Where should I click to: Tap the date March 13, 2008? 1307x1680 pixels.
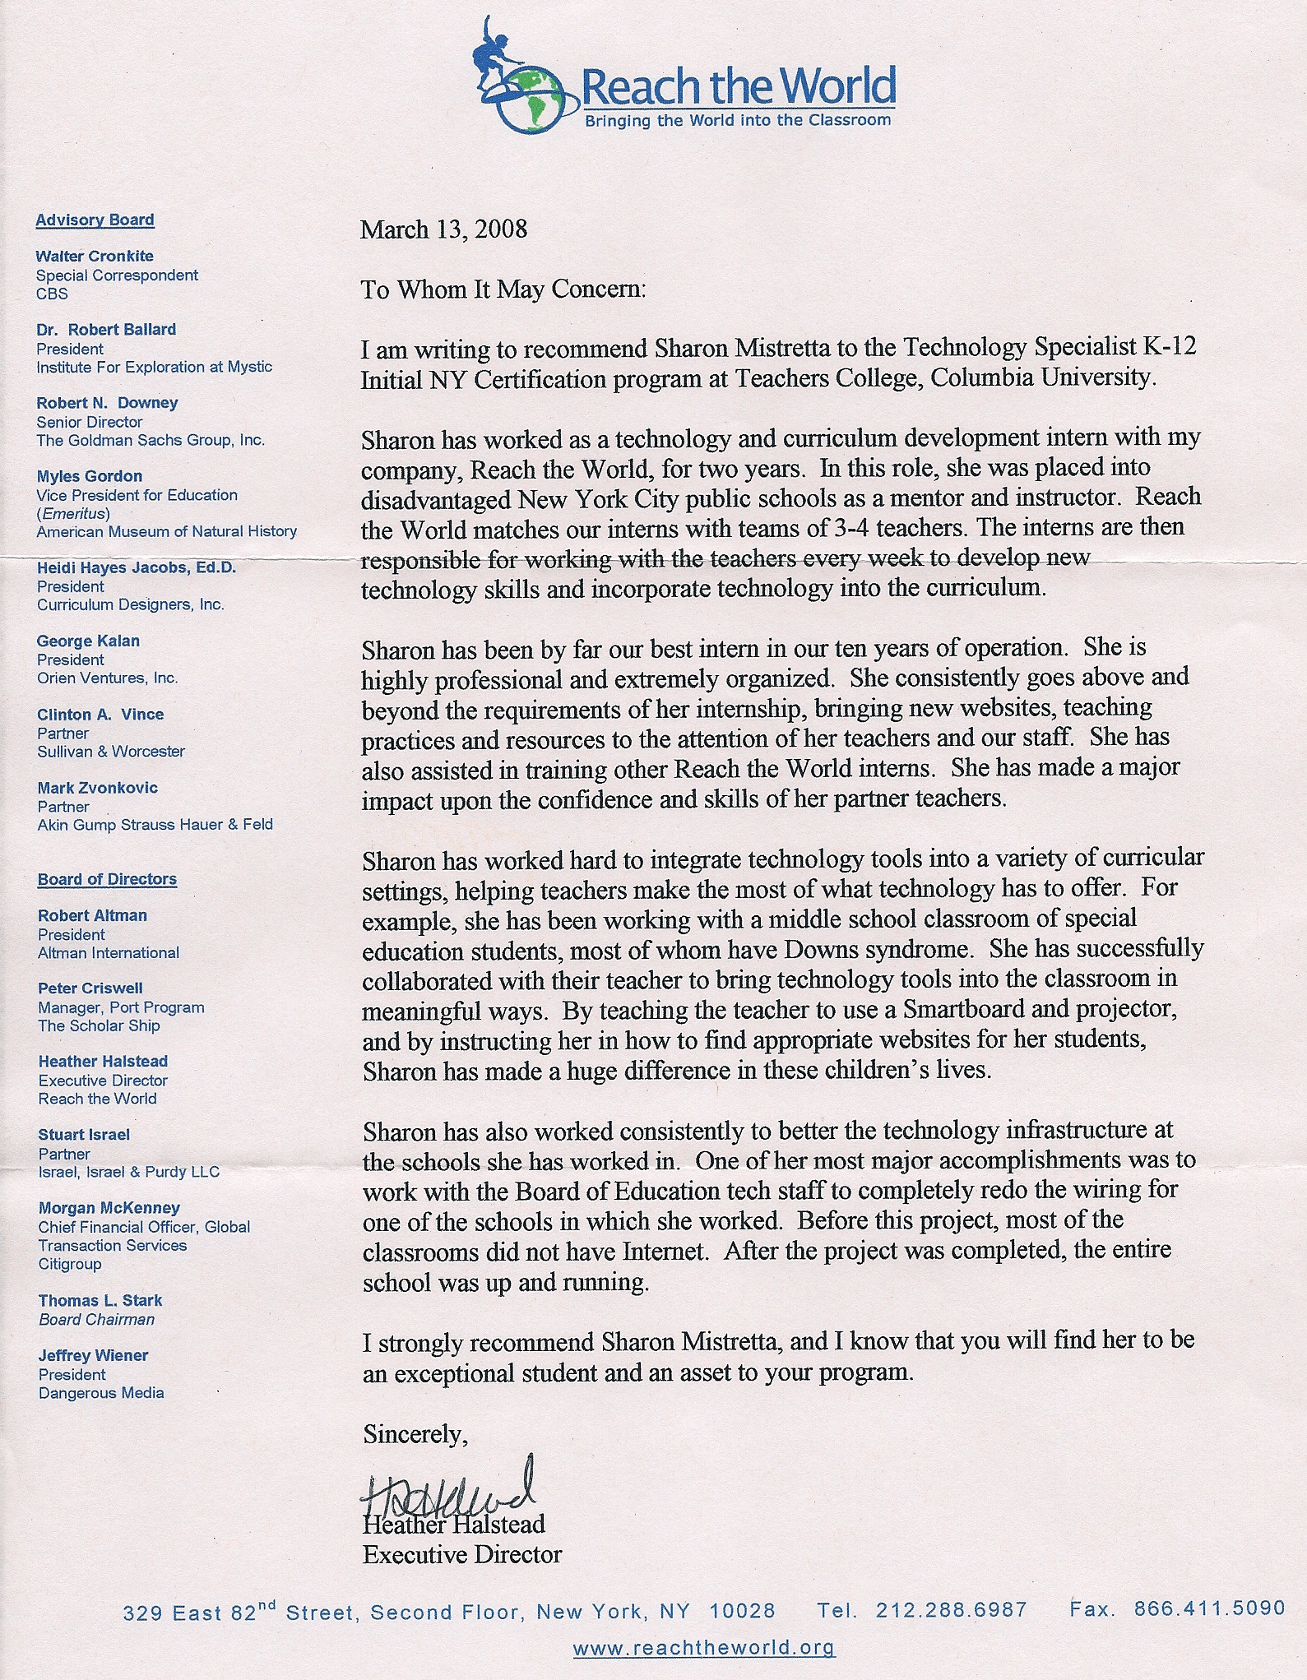[443, 229]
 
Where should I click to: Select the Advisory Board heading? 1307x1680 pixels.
[95, 220]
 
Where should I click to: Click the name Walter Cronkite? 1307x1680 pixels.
[95, 256]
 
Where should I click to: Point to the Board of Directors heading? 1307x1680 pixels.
[107, 879]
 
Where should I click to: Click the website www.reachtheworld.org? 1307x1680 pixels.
[703, 1647]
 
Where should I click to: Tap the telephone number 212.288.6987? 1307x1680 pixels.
[951, 1609]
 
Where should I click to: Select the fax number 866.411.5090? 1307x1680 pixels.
[1209, 1608]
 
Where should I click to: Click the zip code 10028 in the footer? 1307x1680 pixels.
[742, 1611]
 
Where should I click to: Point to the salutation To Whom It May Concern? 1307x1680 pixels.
[503, 289]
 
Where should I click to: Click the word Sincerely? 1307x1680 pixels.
[415, 1434]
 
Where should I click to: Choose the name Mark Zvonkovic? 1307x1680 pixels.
[98, 788]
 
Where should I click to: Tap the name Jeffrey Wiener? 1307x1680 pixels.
[93, 1355]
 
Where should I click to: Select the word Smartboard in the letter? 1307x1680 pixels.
[962, 1008]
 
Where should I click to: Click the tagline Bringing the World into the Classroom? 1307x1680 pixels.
[737, 121]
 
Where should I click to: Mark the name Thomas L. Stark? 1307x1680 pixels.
[100, 1300]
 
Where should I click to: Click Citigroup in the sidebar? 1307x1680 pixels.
[70, 1264]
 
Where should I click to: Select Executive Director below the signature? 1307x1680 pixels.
[462, 1554]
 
